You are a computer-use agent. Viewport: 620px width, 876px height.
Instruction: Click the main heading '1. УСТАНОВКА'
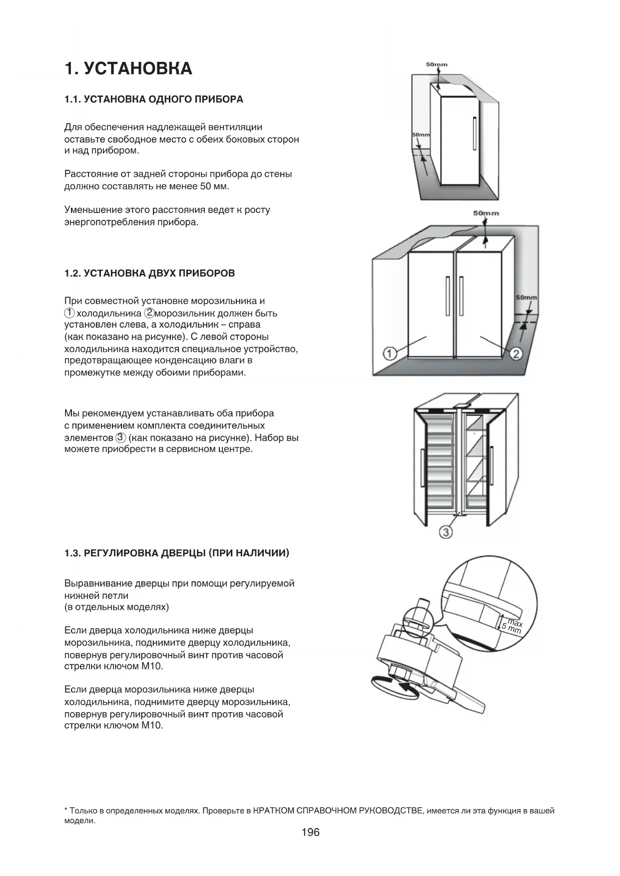pos(128,68)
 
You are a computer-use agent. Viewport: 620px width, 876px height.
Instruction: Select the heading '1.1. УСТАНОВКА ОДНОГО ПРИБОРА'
pos(154,99)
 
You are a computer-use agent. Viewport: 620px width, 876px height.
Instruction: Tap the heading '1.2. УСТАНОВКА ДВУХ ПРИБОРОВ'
pos(149,274)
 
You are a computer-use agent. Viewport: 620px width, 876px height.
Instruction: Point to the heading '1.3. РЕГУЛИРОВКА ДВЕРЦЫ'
pos(177,553)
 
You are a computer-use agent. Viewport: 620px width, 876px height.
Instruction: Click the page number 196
pos(310,832)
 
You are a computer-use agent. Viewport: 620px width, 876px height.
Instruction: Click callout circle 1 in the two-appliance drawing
pos(390,354)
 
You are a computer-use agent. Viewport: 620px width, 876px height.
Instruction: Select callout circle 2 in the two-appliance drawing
pos(516,354)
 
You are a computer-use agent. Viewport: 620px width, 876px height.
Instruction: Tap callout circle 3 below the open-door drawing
pos(445,532)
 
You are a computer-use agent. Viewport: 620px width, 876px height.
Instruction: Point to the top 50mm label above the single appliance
pos(437,64)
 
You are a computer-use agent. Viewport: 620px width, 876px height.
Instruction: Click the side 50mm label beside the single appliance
pos(421,135)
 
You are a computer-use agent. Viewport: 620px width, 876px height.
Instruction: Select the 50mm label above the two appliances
pos(486,213)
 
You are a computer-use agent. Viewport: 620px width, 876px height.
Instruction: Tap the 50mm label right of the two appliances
pos(526,298)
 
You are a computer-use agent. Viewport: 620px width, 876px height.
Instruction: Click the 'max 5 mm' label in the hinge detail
pos(513,626)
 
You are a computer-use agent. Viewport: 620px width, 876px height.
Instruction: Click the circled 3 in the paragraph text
pos(120,438)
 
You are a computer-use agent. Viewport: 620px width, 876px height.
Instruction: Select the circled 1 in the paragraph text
pos(69,313)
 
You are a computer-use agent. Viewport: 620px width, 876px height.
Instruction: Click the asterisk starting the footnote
pos(66,811)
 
